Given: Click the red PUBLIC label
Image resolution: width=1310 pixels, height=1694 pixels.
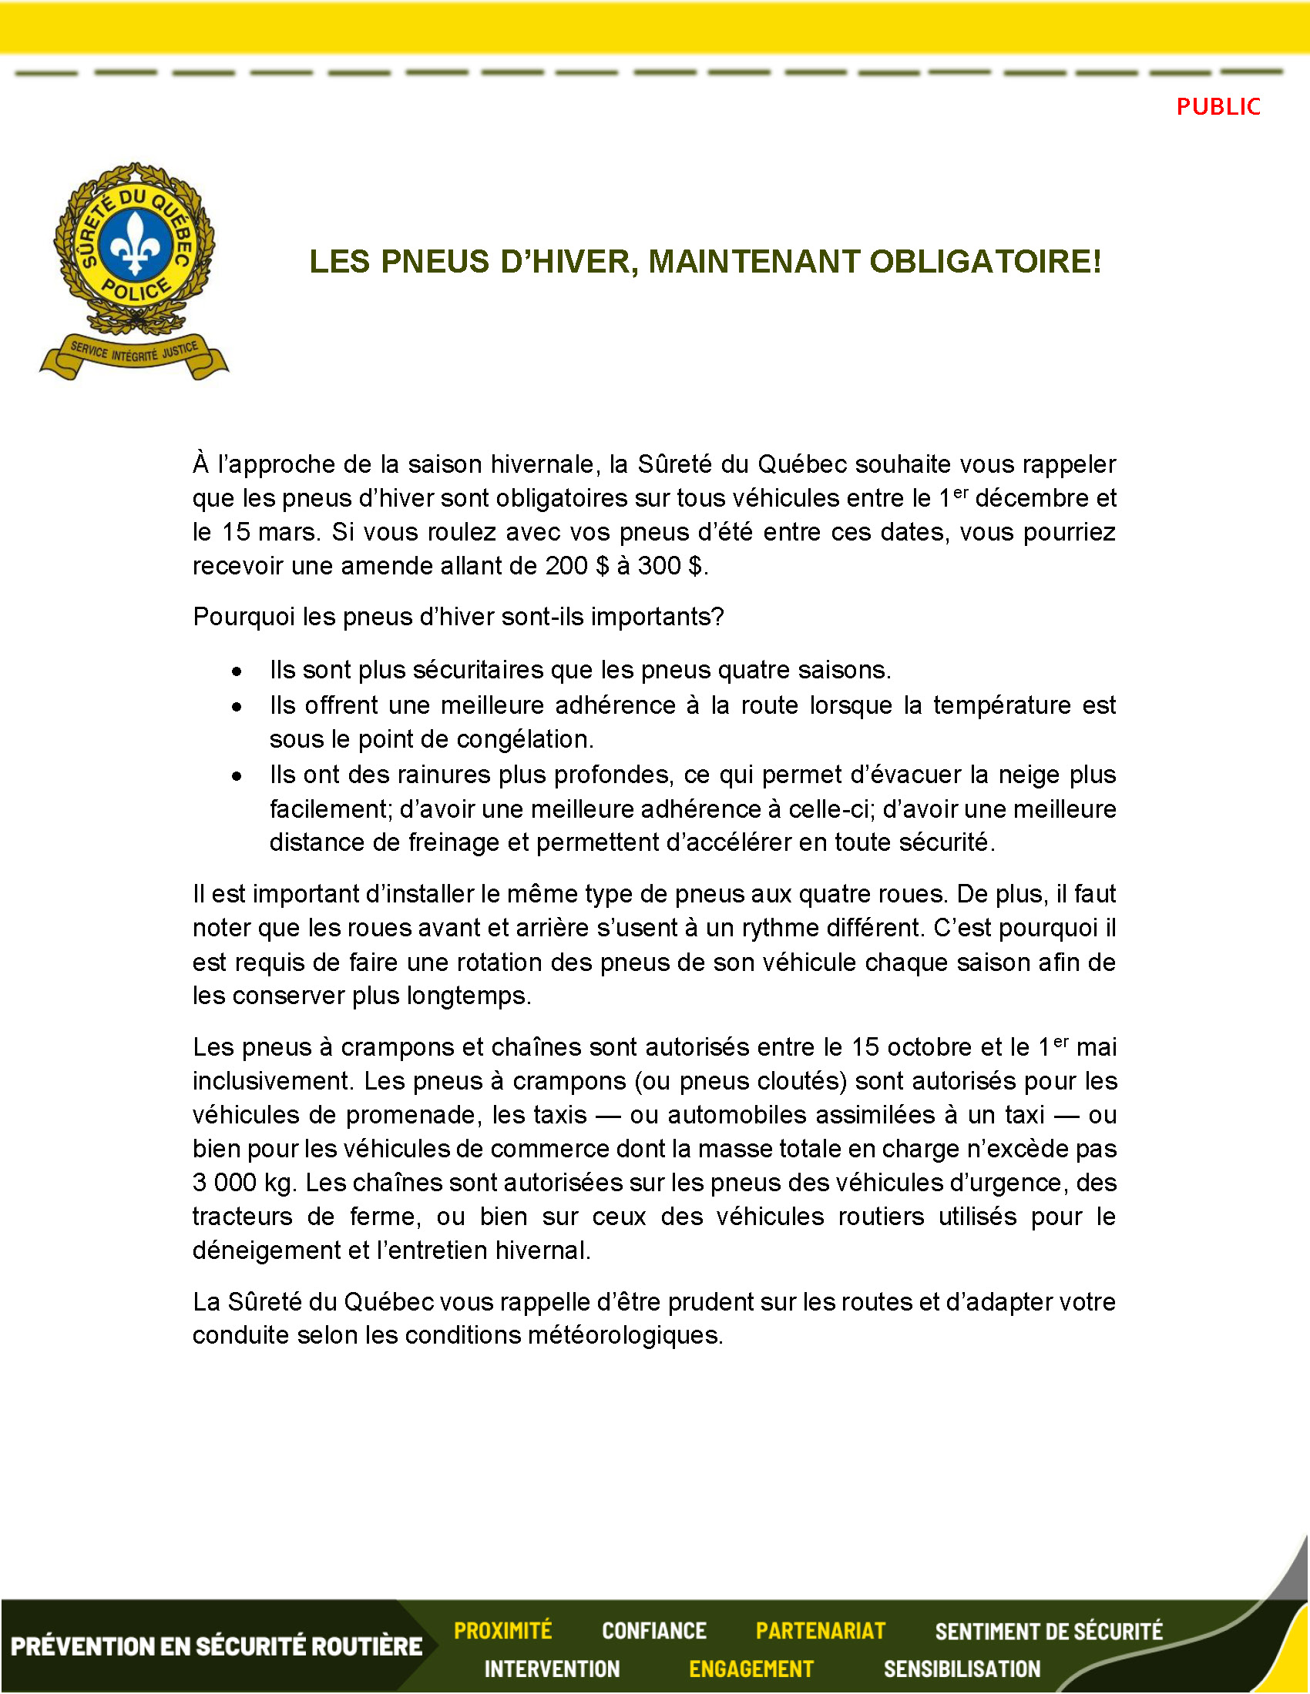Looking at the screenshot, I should (x=1218, y=106).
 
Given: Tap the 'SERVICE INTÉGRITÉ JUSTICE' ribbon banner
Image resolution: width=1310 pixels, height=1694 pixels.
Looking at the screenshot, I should (x=134, y=353).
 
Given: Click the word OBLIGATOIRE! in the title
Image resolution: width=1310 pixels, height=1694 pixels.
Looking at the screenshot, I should (x=985, y=261).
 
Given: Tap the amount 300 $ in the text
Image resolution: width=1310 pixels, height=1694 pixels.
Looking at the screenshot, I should (x=670, y=566).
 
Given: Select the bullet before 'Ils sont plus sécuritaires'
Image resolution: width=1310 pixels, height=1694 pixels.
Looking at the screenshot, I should (x=237, y=671).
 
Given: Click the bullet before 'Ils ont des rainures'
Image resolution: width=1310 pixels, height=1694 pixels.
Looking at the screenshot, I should (x=237, y=776).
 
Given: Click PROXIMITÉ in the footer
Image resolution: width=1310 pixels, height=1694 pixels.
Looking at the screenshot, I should (x=503, y=1631).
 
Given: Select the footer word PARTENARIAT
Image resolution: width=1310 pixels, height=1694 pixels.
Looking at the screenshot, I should (x=821, y=1631).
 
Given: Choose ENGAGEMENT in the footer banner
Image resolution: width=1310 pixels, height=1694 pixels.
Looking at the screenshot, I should (x=751, y=1669).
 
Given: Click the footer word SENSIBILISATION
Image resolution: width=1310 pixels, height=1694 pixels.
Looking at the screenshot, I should (x=962, y=1669).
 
